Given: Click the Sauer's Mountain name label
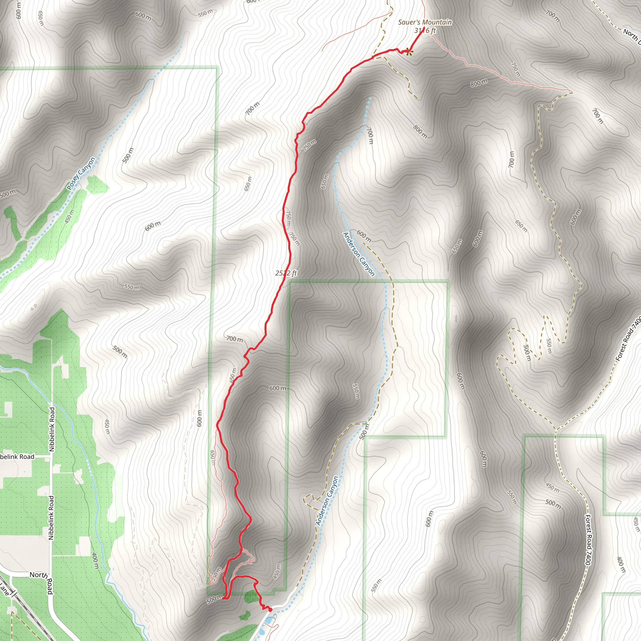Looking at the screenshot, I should click(x=425, y=22).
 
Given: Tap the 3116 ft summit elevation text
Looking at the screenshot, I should click(x=425, y=31).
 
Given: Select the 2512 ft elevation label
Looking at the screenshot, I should click(x=286, y=273).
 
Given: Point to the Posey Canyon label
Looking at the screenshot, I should click(x=81, y=173).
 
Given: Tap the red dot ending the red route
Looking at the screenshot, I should click(x=270, y=609).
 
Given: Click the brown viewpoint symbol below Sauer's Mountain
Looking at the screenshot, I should click(x=409, y=51).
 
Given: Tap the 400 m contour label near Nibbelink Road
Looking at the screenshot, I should click(x=95, y=560).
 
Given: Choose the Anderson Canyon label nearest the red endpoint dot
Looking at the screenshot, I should click(x=327, y=501).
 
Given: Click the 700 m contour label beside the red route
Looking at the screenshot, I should click(x=234, y=339).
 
